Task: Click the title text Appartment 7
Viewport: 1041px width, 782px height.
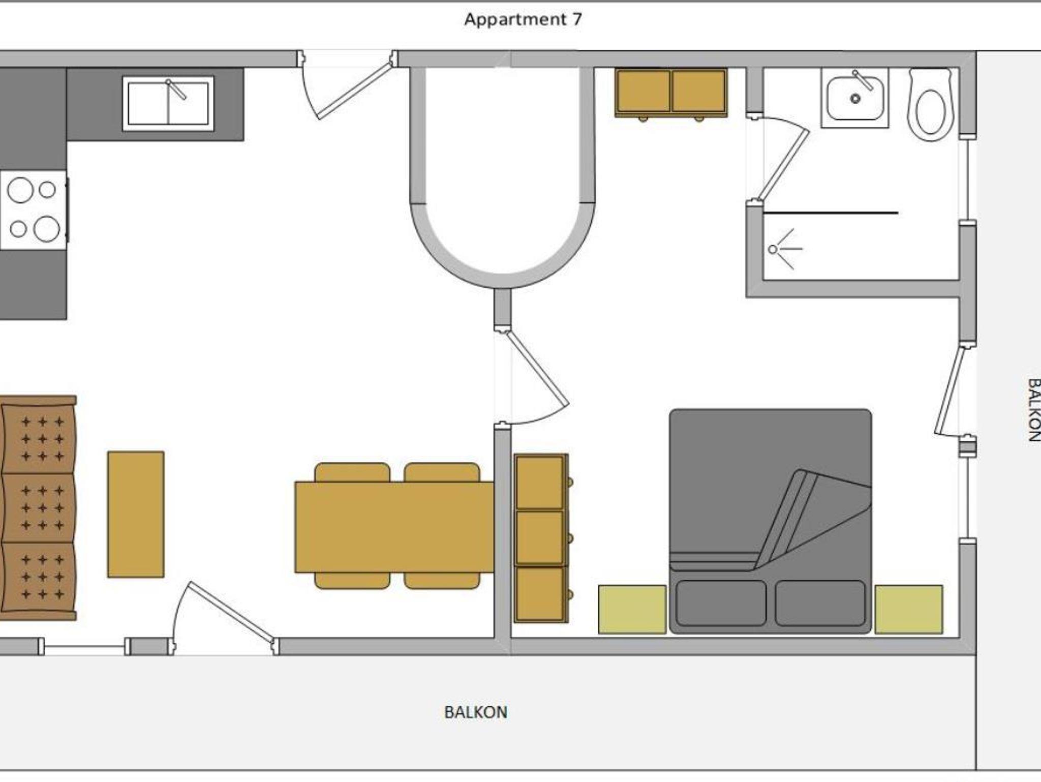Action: pos(523,20)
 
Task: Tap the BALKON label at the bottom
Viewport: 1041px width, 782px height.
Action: pos(476,712)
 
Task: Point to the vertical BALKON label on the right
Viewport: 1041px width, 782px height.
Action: pos(1033,410)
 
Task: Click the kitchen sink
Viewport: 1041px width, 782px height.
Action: pos(168,104)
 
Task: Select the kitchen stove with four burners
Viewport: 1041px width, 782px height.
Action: pos(34,210)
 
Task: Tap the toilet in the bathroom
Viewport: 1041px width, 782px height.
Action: pos(930,105)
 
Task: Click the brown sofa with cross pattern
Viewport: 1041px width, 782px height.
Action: pos(39,508)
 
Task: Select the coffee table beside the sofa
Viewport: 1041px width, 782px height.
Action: pos(136,514)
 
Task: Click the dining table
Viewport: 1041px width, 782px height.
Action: pos(394,527)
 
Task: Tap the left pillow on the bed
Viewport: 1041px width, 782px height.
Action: pos(721,603)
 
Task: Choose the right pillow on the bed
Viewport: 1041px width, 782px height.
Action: pos(820,603)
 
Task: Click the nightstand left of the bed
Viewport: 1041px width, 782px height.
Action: pos(632,609)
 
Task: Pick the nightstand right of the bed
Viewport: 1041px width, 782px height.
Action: pos(909,609)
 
